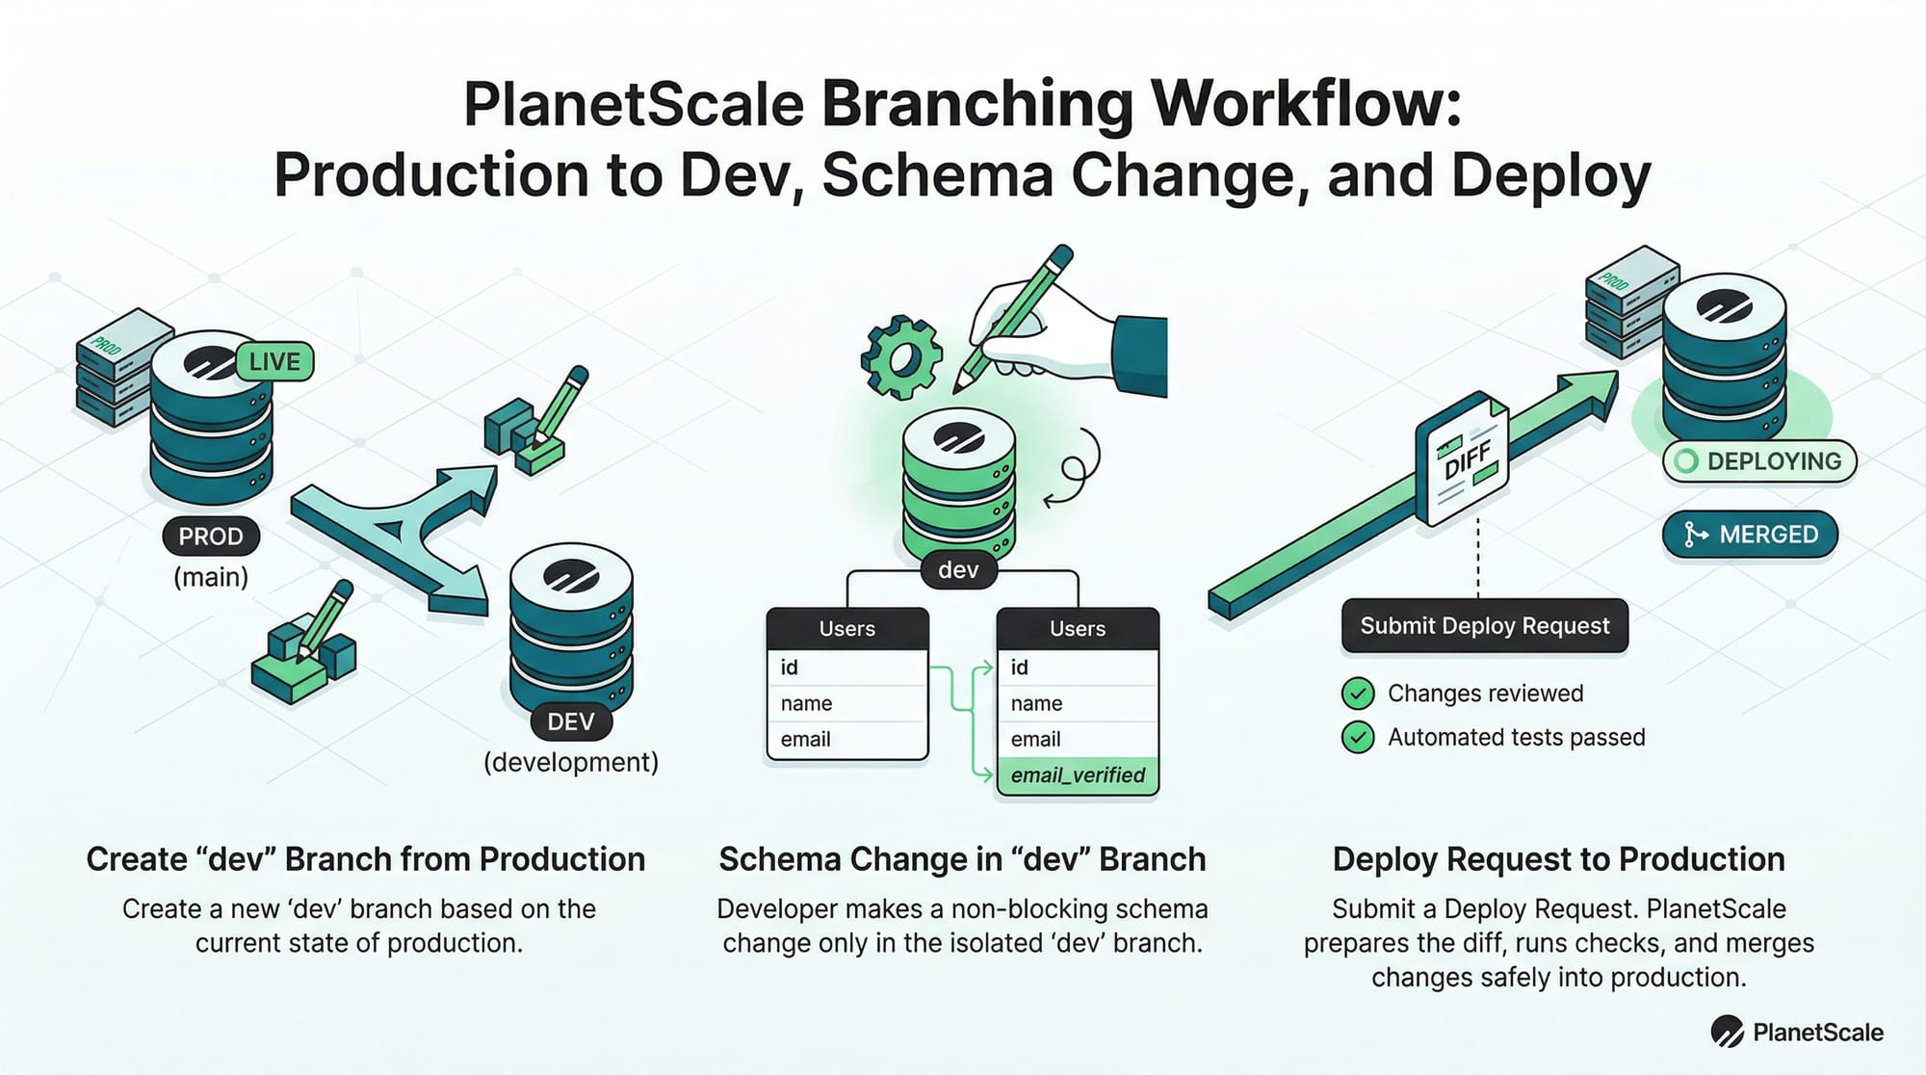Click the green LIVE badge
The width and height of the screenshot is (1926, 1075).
(x=274, y=362)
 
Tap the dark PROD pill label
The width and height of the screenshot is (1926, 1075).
(x=211, y=537)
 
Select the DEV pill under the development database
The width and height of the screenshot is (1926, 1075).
(x=571, y=721)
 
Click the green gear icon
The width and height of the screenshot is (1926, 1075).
(x=901, y=357)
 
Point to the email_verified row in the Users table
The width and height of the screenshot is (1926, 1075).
(x=1078, y=775)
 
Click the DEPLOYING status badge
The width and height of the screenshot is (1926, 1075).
(x=1759, y=461)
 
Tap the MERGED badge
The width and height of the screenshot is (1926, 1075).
(x=1750, y=535)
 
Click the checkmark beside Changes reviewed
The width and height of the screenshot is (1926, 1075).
(x=1358, y=694)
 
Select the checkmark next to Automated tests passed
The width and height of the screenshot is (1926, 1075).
(x=1358, y=738)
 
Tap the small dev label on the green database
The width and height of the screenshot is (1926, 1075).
(x=958, y=570)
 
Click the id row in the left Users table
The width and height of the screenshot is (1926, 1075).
(x=847, y=668)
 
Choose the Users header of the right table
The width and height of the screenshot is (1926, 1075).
(x=1078, y=629)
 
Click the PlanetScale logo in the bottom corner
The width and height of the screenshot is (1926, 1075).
(x=1797, y=1033)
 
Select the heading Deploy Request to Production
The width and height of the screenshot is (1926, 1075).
(x=1558, y=859)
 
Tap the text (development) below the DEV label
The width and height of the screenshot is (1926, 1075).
(x=571, y=762)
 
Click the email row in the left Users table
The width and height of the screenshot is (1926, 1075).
(x=847, y=740)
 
